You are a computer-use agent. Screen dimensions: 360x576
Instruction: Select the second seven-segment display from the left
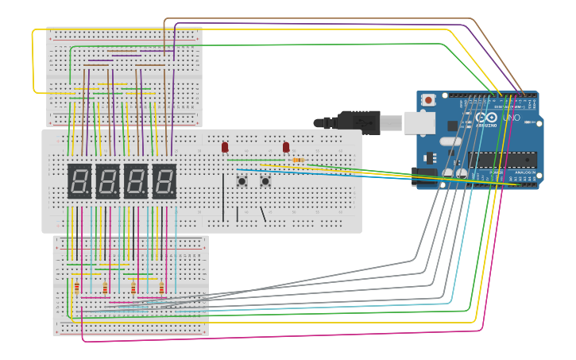(107, 181)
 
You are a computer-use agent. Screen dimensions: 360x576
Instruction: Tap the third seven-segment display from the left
(136, 181)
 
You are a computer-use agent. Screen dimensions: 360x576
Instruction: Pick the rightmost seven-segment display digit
(164, 181)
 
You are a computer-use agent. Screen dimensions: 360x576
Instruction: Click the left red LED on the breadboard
(225, 147)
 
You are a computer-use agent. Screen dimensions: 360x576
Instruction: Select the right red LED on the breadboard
(286, 147)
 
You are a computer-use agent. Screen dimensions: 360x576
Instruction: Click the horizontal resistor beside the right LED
(298, 161)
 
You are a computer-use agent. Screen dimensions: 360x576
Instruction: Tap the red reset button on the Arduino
(429, 100)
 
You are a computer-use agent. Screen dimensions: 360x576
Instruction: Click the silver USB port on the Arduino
(419, 122)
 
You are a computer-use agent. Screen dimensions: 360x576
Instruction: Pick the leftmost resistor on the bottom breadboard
(77, 288)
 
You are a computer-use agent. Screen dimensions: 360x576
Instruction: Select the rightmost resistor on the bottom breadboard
(161, 288)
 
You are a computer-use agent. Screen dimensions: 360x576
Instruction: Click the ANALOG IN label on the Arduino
(524, 172)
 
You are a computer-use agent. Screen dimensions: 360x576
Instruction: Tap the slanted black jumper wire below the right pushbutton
(261, 213)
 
